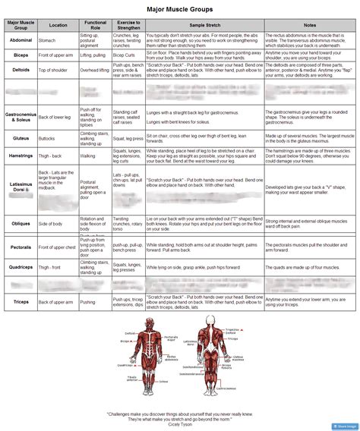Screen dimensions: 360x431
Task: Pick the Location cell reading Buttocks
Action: pyautogui.click(x=47, y=140)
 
